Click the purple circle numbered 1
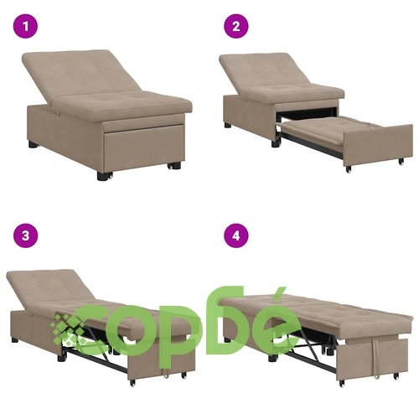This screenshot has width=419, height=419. click(25, 27)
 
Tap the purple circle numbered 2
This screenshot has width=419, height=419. click(236, 27)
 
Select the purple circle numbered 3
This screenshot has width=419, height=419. click(25, 235)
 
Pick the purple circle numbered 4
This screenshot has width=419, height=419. click(236, 235)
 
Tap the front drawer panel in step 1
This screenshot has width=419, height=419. click(144, 151)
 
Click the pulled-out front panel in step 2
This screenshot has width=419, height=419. click(378, 145)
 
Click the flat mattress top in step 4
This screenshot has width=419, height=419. click(316, 310)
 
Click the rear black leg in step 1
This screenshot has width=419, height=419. click(33, 144)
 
